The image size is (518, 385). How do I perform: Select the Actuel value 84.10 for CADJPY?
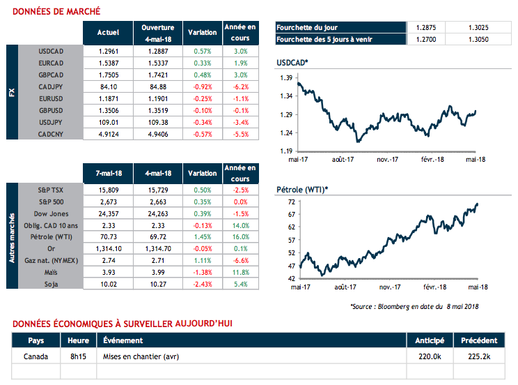coord(108,86)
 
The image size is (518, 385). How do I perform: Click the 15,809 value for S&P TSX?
coord(108,190)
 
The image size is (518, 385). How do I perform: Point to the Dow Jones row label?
coord(50,213)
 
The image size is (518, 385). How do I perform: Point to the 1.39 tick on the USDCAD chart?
coord(284,78)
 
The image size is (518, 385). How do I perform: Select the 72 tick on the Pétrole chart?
coord(288,202)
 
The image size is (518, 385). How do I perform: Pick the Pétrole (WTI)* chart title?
coord(301,188)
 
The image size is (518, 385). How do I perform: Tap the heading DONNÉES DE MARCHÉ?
coord(56,11)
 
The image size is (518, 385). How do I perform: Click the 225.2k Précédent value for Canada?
coord(478,356)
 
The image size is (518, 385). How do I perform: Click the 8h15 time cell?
coord(79,356)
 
